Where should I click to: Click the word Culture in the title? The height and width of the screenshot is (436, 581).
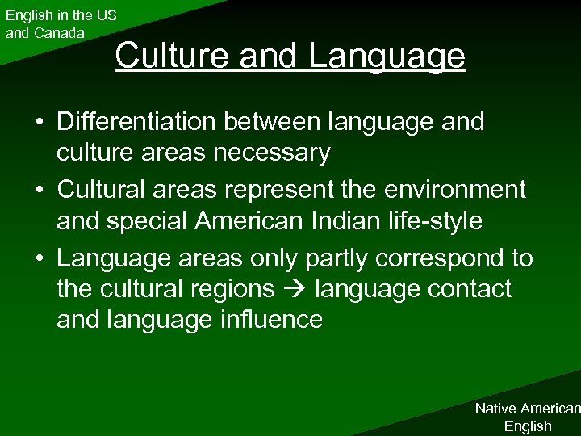(165, 56)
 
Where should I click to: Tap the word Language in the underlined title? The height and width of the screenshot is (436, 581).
(387, 57)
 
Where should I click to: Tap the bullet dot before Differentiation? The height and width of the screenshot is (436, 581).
(39, 123)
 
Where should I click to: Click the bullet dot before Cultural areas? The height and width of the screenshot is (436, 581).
(39, 191)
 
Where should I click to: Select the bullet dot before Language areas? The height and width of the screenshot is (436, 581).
(39, 259)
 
